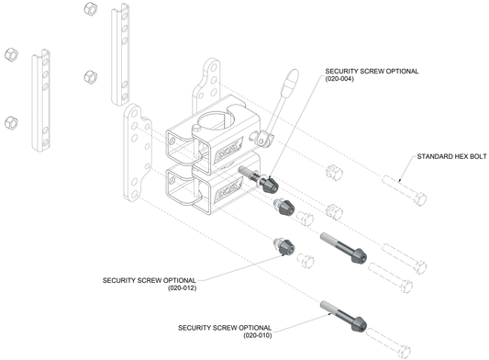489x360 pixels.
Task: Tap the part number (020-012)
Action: tap(183, 287)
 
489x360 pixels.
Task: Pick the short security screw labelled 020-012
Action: tap(283, 246)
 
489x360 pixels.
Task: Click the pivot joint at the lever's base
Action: tap(266, 138)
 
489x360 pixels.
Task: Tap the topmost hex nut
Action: tap(90, 9)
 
